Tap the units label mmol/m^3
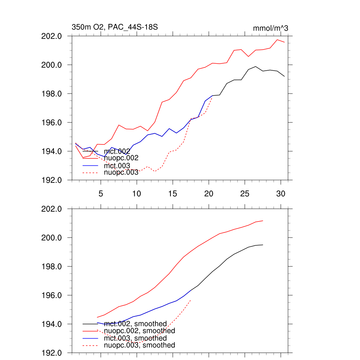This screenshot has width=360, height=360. tap(270, 28)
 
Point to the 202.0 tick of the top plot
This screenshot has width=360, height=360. tap(52, 36)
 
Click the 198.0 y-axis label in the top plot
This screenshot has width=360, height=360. tap(52, 94)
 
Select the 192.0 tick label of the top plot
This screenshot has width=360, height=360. tap(52, 180)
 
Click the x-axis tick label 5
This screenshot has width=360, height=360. tap(101, 193)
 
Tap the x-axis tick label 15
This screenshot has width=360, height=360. tap(172, 193)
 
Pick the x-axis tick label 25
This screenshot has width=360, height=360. tap(244, 193)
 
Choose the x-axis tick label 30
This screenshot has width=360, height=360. tap(280, 193)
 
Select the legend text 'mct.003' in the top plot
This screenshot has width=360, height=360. tap(117, 166)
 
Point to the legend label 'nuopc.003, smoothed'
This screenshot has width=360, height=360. tap(140, 345)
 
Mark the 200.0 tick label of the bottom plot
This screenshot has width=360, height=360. tap(52, 238)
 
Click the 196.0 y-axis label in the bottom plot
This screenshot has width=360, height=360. tap(52, 295)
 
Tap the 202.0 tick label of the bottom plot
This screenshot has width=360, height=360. tap(52, 209)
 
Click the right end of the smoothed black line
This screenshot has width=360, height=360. tap(263, 245)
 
